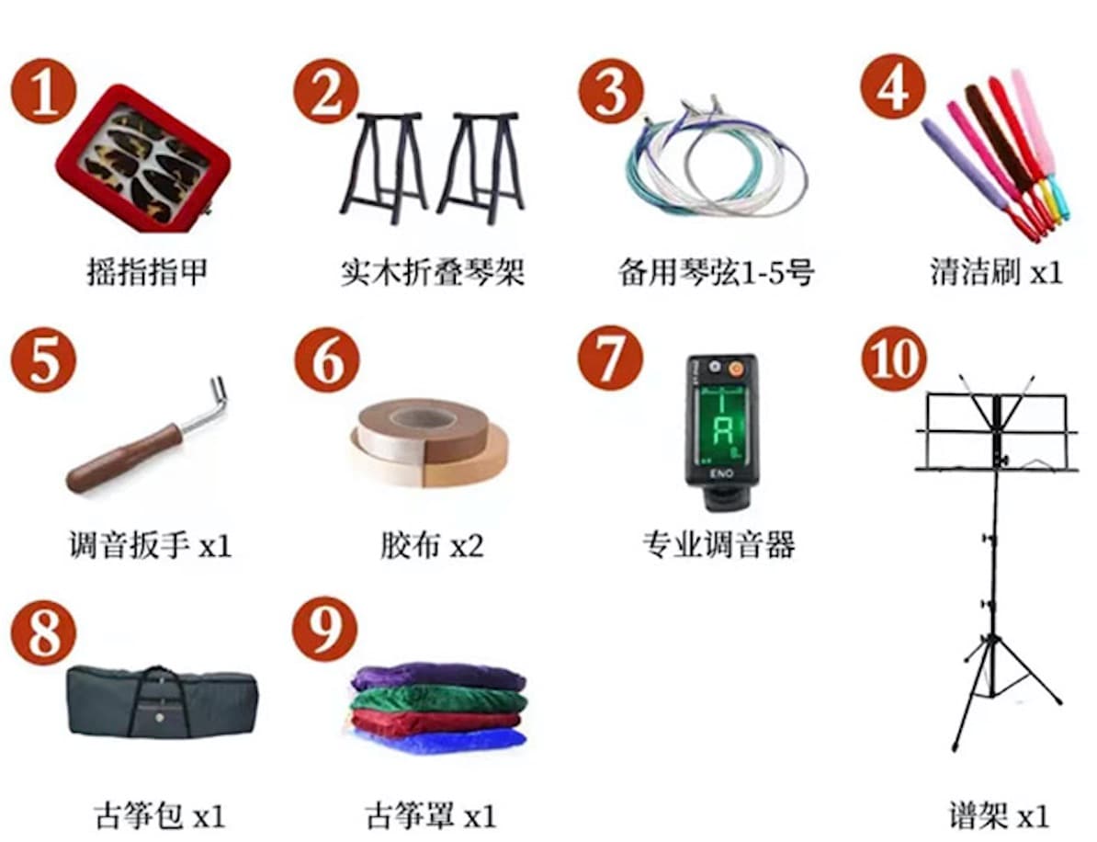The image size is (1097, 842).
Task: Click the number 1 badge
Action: pos(42,91)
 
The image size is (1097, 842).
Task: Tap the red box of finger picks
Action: pos(142,158)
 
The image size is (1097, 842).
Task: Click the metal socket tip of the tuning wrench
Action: pos(219,391)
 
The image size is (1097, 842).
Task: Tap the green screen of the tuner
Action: pos(721,419)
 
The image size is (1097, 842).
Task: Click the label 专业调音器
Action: pos(718,545)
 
